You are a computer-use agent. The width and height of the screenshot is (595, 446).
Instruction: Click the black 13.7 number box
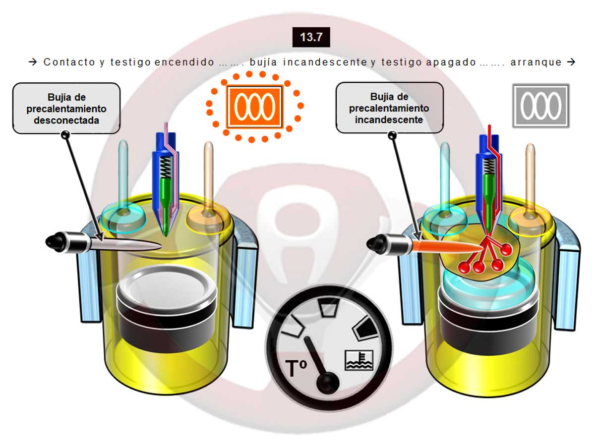(311, 37)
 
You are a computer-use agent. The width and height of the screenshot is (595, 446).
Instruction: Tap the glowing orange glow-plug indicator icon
(254, 106)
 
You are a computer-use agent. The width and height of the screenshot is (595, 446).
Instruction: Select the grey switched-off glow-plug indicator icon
(541, 106)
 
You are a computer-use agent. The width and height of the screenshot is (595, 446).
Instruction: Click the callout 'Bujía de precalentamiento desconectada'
(66, 109)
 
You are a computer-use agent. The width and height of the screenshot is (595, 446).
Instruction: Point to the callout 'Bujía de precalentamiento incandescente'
(389, 108)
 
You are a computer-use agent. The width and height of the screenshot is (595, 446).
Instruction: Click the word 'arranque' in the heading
(536, 62)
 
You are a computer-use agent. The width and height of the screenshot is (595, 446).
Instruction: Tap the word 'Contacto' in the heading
(69, 62)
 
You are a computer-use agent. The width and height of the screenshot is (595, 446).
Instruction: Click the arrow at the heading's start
(33, 62)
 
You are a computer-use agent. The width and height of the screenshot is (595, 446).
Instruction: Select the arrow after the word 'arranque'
(571, 62)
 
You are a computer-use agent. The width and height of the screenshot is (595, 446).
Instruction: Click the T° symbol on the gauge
(296, 368)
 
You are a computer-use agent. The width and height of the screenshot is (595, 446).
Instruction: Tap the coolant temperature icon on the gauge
(359, 360)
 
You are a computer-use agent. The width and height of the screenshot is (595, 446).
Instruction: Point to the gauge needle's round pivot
(328, 383)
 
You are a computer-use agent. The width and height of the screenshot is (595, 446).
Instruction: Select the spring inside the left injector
(166, 167)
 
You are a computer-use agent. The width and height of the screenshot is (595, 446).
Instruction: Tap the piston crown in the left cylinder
(167, 287)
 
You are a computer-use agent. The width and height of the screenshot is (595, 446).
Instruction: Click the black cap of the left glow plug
(56, 241)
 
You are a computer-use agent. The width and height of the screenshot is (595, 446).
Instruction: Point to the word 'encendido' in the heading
(184, 62)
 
